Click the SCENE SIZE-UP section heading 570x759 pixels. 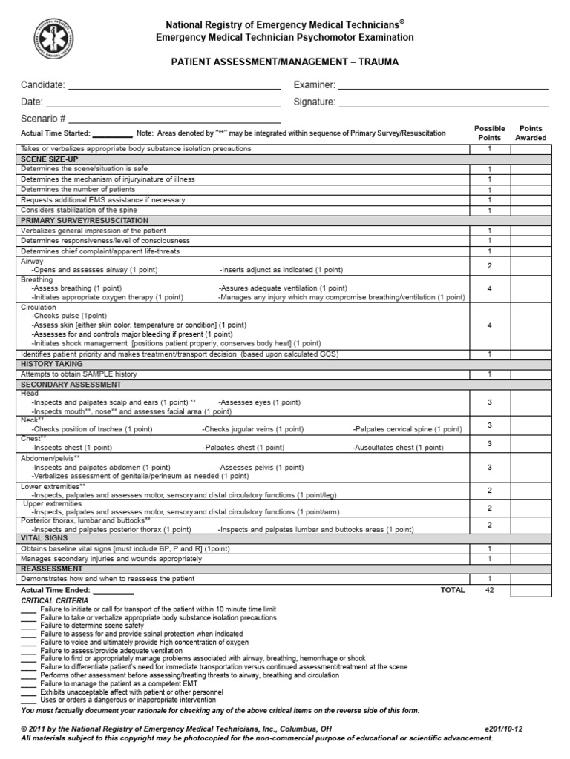pyautogui.click(x=50, y=159)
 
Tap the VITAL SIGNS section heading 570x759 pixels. pyautogui.click(x=43, y=537)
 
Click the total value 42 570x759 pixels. pyautogui.click(x=489, y=590)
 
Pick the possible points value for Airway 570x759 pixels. pyautogui.click(x=489, y=265)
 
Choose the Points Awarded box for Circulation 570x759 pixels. pyautogui.click(x=530, y=325)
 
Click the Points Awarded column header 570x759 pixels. pyautogui.click(x=531, y=133)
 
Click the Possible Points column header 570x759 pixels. pyautogui.click(x=489, y=133)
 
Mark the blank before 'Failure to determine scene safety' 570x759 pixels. pyautogui.click(x=28, y=626)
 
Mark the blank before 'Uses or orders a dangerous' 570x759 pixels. pyautogui.click(x=28, y=700)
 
